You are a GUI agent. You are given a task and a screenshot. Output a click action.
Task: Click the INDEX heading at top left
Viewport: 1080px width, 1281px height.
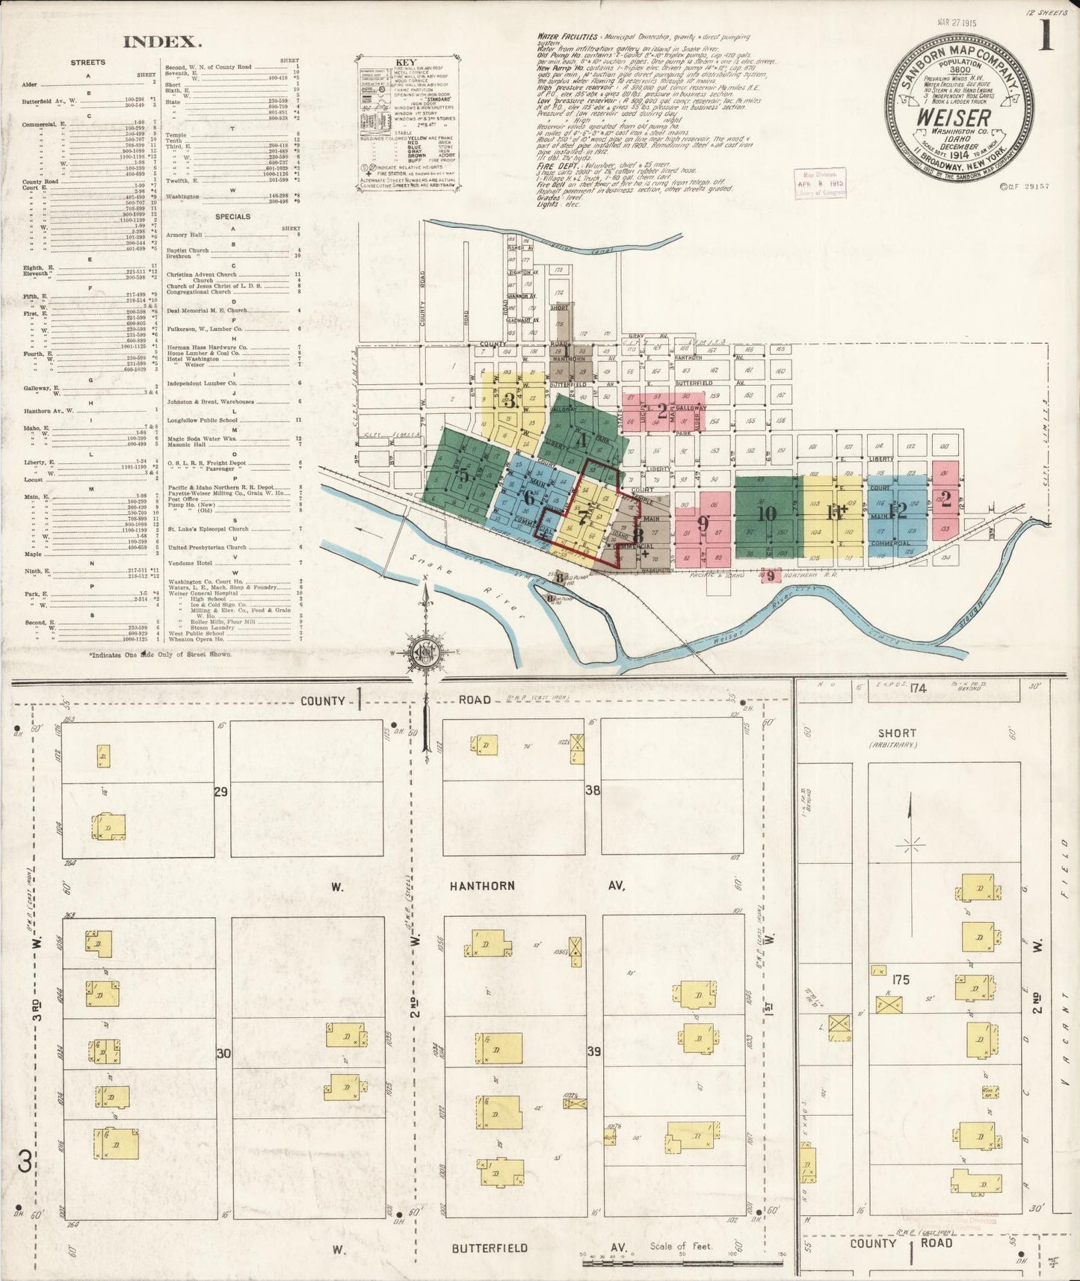[x=162, y=43]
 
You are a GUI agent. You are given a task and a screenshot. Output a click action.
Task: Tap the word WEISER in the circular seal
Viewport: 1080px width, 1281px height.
[x=954, y=118]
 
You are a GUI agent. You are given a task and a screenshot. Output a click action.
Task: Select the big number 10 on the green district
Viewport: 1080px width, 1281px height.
[x=766, y=513]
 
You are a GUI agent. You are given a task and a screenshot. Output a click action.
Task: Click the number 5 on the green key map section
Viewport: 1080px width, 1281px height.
[x=465, y=475]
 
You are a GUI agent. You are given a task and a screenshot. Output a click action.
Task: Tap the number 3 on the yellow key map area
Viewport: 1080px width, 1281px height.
[x=510, y=398]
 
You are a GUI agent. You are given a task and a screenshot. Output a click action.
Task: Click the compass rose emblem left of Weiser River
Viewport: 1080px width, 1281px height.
[x=425, y=649]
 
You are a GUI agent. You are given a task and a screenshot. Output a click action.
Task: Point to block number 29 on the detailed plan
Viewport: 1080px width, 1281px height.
[x=221, y=791]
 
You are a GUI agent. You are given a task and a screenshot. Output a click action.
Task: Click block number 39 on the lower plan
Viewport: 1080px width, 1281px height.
[x=594, y=1052]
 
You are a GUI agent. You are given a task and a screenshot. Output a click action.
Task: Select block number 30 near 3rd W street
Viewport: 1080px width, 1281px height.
[x=223, y=1054]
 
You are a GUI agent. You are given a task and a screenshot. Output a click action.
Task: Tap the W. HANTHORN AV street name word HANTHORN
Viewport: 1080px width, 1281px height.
[x=482, y=886]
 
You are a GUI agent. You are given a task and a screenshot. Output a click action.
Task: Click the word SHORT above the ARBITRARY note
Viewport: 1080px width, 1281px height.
[x=897, y=733]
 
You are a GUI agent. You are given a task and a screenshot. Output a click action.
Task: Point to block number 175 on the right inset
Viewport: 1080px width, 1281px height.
[x=901, y=979]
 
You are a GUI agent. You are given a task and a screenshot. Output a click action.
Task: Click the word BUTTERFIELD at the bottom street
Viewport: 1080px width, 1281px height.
[x=490, y=1248]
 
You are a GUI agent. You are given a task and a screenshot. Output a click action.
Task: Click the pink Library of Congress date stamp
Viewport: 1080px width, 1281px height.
[x=820, y=183]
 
